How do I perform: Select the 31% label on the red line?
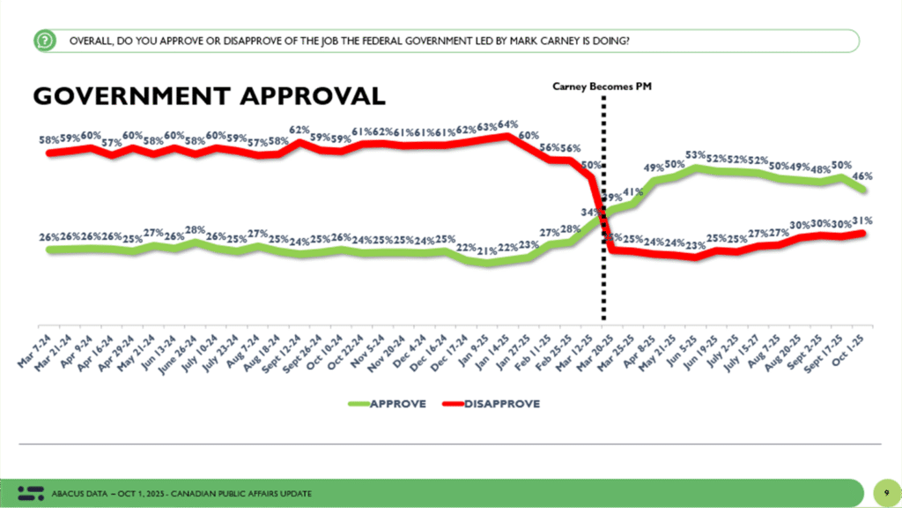point(863,220)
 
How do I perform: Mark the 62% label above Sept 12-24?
point(302,129)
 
